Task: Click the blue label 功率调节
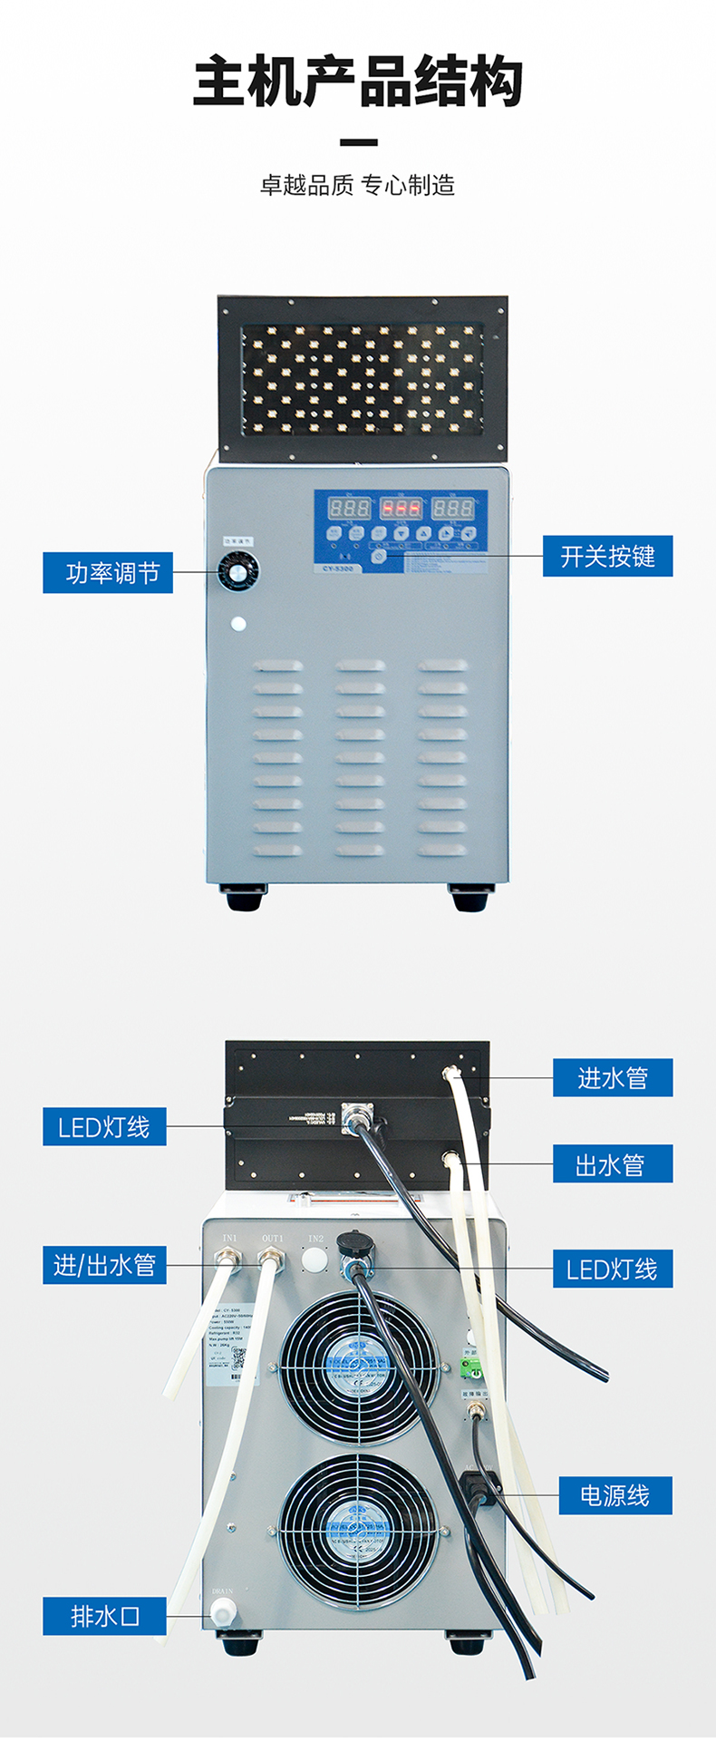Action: click(108, 573)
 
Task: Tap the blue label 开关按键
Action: click(607, 556)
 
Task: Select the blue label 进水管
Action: click(613, 1077)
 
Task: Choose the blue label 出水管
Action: click(613, 1163)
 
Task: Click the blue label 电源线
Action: click(614, 1495)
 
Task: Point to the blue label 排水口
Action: click(104, 1616)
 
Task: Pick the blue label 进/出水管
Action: click(104, 1265)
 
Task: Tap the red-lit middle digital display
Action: click(400, 507)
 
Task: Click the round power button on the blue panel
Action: click(380, 557)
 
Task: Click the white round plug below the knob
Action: click(238, 624)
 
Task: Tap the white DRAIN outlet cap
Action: click(222, 1610)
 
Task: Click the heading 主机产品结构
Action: click(358, 83)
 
